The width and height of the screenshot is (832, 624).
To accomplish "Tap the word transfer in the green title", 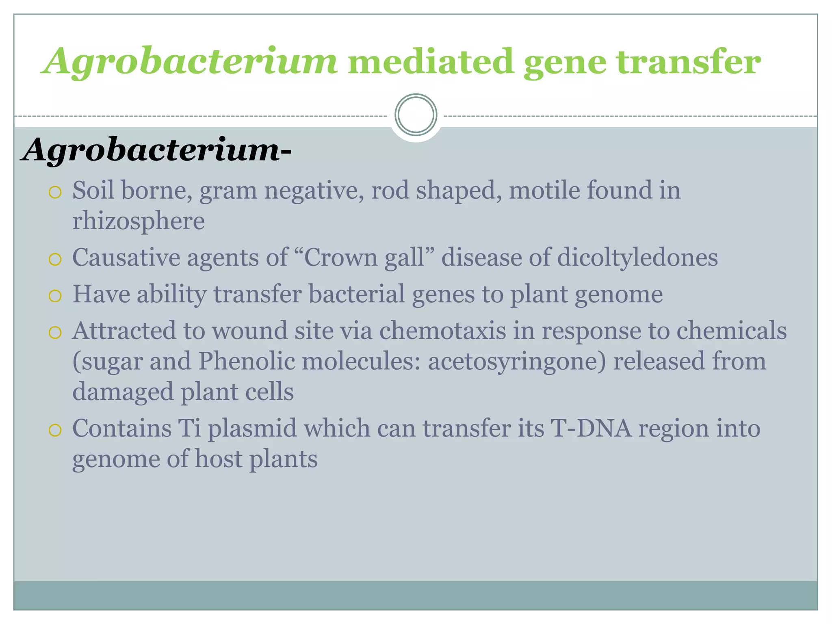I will coord(688,62).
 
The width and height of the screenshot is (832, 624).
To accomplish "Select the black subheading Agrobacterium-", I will coord(156,149).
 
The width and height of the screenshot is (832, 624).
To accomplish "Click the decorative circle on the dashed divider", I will coord(416,115).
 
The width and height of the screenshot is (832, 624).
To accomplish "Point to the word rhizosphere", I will coord(138,221).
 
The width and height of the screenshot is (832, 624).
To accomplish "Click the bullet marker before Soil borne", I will coord(54,192).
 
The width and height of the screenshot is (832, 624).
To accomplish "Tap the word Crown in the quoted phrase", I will coord(340,258).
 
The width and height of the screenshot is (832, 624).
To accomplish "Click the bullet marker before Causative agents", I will coord(54,260).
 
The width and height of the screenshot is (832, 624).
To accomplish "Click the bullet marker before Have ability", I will coord(54,296).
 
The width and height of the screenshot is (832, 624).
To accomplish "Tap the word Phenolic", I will coord(246,361).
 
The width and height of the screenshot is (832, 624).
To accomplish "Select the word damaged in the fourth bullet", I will coord(123,392).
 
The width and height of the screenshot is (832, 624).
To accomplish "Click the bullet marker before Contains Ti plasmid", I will coord(54,430).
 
